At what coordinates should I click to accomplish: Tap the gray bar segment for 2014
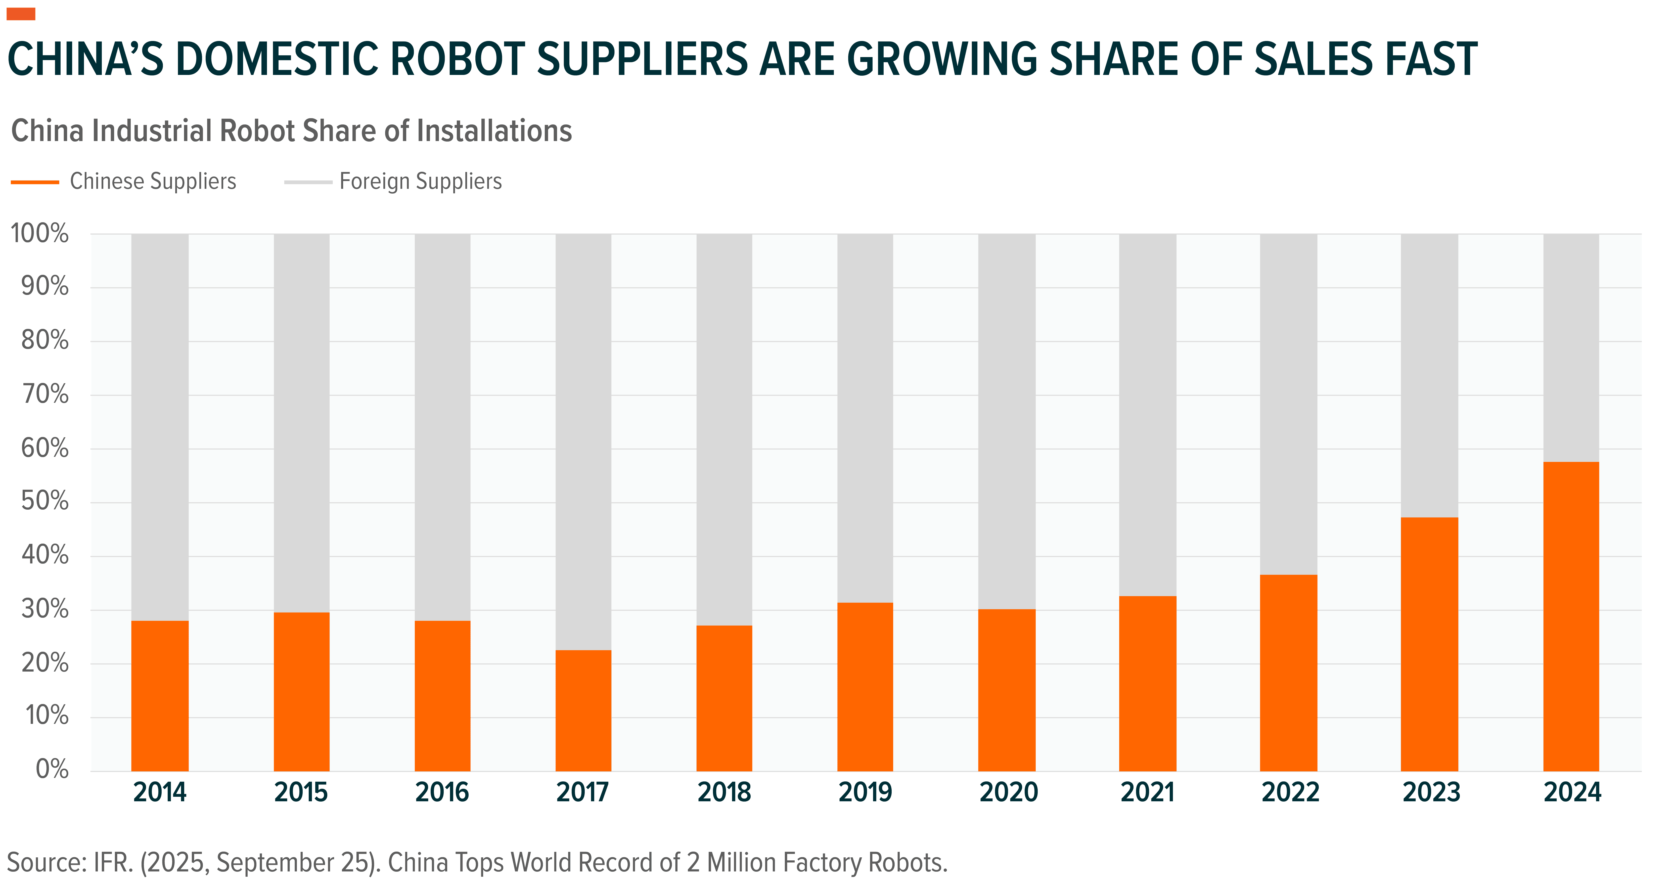tap(160, 427)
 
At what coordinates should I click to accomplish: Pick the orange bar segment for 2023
tap(1429, 644)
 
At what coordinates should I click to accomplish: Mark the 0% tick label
tap(52, 770)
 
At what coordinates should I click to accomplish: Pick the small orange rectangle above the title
tap(21, 14)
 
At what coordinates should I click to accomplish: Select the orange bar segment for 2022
tap(1288, 673)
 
